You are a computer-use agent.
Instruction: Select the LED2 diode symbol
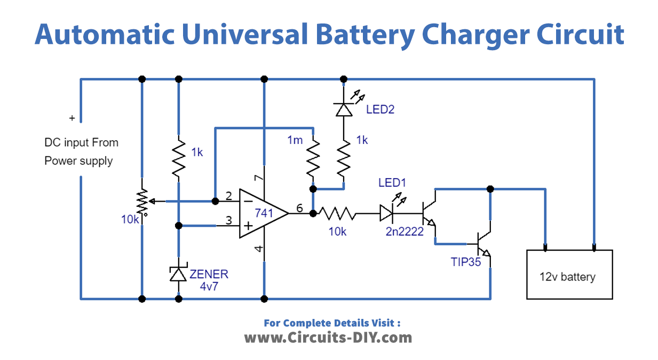(343, 109)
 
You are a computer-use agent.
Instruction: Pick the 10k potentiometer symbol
(142, 201)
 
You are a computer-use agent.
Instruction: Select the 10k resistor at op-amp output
(336, 214)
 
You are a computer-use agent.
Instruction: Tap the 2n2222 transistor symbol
(429, 214)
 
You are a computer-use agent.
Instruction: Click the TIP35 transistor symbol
(483, 243)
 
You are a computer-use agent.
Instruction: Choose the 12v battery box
(569, 274)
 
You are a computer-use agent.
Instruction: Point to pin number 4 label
(258, 249)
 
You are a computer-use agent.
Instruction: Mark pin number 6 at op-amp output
(299, 208)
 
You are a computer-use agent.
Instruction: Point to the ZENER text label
(209, 274)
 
